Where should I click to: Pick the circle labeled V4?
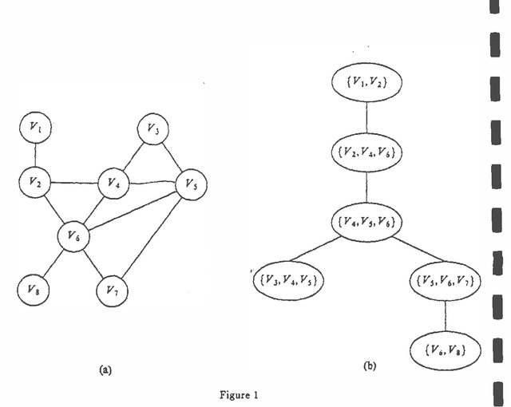tap(112, 183)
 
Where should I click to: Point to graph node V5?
tap(190, 183)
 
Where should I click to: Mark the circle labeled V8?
tap(34, 288)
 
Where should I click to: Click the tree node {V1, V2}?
tap(366, 82)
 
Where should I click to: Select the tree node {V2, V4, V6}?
tap(366, 150)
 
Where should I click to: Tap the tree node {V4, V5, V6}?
tap(366, 219)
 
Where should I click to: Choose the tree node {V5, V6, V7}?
tap(444, 281)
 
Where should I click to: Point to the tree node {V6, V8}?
tap(444, 349)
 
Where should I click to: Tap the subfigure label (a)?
tap(105, 369)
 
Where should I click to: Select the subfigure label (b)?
tap(370, 366)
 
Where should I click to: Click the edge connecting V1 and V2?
tap(34, 155)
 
